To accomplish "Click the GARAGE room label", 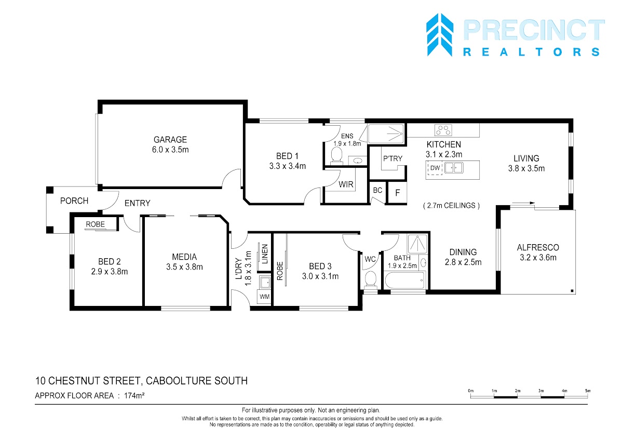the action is [x=170, y=139].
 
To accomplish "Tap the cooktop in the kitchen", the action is [x=443, y=130].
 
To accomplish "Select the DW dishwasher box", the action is [x=435, y=168].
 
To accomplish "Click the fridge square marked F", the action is [x=398, y=193].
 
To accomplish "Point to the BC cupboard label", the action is [x=377, y=190].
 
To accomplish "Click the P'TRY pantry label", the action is [x=392, y=158].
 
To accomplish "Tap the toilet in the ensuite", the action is [x=336, y=155].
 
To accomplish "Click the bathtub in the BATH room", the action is [x=404, y=280].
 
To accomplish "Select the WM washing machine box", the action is [x=264, y=297].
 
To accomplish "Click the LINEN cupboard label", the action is [x=265, y=254].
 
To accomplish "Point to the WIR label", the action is [x=346, y=184].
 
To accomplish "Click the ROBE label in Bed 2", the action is [x=95, y=224].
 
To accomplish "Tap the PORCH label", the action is [x=74, y=201].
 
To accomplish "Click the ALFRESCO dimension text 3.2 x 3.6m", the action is [x=538, y=257].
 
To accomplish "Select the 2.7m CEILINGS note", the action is [x=451, y=206].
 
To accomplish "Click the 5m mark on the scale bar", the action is [x=588, y=391].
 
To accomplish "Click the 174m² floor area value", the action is [x=134, y=395].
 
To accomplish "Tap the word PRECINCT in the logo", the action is [x=534, y=30].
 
